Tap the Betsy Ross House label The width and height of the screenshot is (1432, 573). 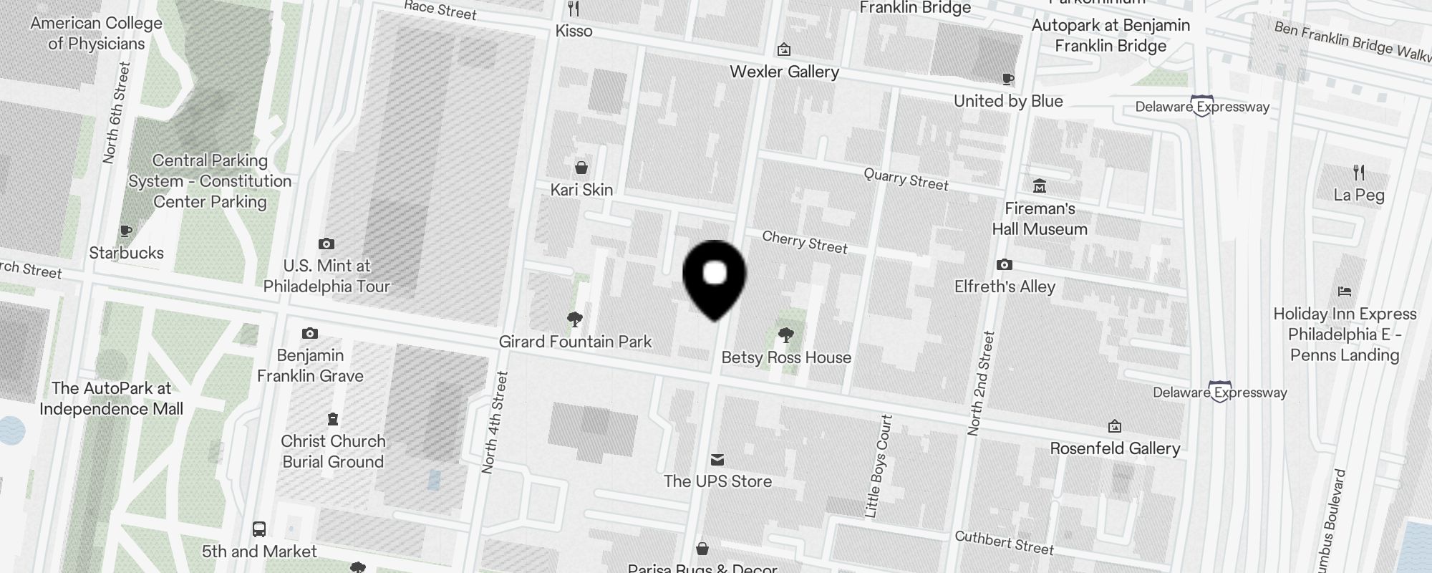click(x=786, y=357)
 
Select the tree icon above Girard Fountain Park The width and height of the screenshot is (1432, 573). click(x=574, y=319)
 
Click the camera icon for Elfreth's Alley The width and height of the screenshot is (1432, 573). click(x=1005, y=265)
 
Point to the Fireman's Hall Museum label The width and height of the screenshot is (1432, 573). click(x=1040, y=219)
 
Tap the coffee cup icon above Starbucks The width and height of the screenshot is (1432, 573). click(x=126, y=231)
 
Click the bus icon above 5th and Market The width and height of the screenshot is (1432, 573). click(x=259, y=529)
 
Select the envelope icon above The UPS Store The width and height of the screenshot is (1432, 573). click(x=717, y=460)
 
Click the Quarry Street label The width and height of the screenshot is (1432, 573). click(x=906, y=179)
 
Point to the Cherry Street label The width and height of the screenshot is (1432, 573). click(x=805, y=242)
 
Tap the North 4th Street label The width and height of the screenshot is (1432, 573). click(x=495, y=423)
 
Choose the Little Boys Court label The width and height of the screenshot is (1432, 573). click(x=879, y=466)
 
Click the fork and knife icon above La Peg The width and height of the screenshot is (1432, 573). click(x=1359, y=173)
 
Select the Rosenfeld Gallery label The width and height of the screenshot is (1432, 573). click(x=1115, y=449)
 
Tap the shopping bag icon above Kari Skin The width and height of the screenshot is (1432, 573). click(x=581, y=168)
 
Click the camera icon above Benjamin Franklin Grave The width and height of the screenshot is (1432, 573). click(x=309, y=333)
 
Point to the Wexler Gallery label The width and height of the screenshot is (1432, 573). click(x=784, y=72)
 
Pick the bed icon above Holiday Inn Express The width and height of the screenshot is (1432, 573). click(x=1344, y=292)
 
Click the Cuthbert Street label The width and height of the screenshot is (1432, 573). click(x=1004, y=543)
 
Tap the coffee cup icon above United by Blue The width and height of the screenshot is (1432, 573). click(x=1007, y=79)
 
